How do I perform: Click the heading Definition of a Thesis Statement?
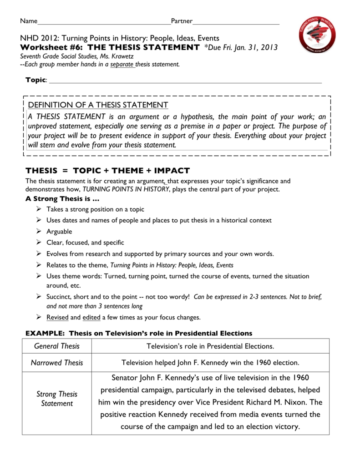pos(98,105)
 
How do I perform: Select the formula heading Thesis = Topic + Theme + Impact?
pos(107,171)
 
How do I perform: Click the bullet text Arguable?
pos(59,232)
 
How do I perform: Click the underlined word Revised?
pos(57,317)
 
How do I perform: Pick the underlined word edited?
pos(92,317)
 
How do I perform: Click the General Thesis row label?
pos(57,346)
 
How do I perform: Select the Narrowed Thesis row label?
pos(57,363)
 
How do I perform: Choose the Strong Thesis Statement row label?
pos(57,399)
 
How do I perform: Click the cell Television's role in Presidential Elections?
pos(210,346)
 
